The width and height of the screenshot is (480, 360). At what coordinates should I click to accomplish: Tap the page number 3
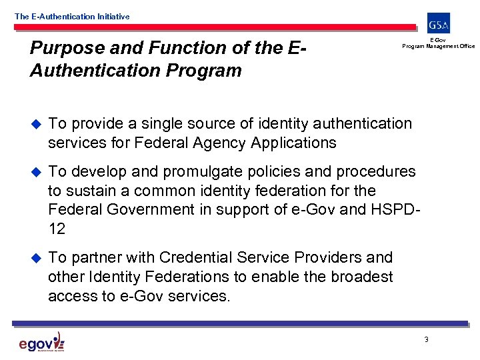(426, 340)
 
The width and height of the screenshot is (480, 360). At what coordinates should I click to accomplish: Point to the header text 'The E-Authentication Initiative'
(72, 16)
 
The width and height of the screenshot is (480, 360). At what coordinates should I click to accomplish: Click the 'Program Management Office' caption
(438, 46)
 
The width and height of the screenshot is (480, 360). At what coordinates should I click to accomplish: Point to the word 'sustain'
(90, 191)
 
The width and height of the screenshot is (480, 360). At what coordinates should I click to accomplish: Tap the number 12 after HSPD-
(57, 229)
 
